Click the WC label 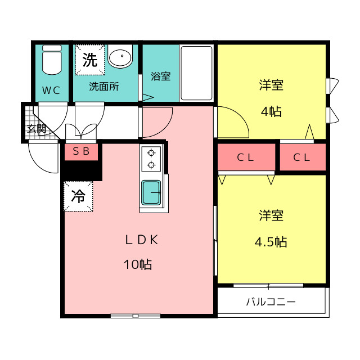coord(51,90)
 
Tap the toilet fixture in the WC coord(52,60)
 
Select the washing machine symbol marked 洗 coord(90,60)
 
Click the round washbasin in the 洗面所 coord(120,56)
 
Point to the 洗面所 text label coord(104,86)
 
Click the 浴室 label coord(161,76)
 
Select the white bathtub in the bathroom coord(196,73)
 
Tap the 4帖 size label coord(271,111)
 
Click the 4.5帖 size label coord(271,242)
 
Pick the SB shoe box coord(81,152)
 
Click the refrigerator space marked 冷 coord(78,196)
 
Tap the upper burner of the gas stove coord(151,152)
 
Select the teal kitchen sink coord(151,192)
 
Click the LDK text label coord(142,240)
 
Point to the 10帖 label coord(138,264)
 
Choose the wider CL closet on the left coord(246,157)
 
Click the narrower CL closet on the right coord(303,157)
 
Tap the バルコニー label coord(271,301)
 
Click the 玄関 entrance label coord(37,129)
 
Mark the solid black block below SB coord(82,170)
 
